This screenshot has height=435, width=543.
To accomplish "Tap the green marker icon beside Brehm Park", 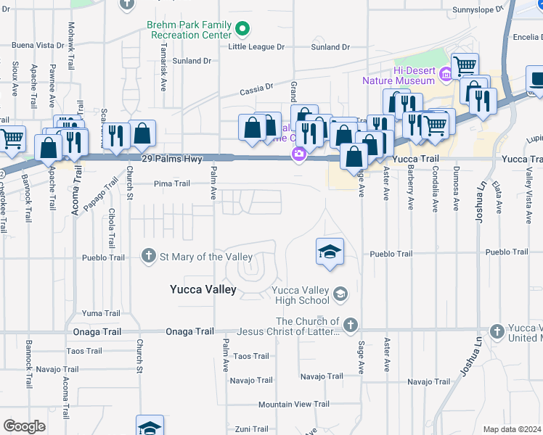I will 242,30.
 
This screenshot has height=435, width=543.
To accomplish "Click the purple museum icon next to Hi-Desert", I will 446,72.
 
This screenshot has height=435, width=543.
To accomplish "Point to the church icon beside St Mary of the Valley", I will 149,256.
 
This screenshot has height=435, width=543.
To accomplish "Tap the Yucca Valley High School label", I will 301,296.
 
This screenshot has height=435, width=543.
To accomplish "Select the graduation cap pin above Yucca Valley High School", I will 330,252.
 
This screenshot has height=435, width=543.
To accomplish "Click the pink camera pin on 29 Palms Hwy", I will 298,154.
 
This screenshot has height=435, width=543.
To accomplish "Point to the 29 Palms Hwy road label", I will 170,158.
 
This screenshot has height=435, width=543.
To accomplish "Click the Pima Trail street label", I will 171,183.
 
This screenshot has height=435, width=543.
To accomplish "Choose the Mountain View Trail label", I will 294,404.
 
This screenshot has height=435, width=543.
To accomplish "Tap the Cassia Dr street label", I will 257,90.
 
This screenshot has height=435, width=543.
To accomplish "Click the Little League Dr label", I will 256,47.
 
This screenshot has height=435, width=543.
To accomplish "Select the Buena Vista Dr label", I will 33,45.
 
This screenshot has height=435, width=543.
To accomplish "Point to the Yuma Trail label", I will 102,313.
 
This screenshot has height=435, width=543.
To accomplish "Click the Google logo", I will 24,426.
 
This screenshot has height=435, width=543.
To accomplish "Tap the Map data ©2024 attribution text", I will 511,429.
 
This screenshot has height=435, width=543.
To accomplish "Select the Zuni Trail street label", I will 252,428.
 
